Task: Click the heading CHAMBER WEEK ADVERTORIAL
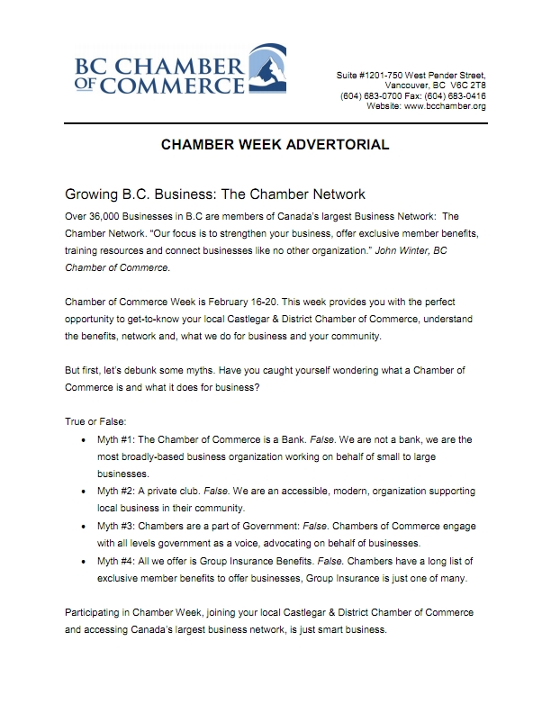[275, 144]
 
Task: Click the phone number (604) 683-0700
[371, 95]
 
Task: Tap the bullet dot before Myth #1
[84, 440]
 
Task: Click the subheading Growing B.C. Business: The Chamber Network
[214, 194]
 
